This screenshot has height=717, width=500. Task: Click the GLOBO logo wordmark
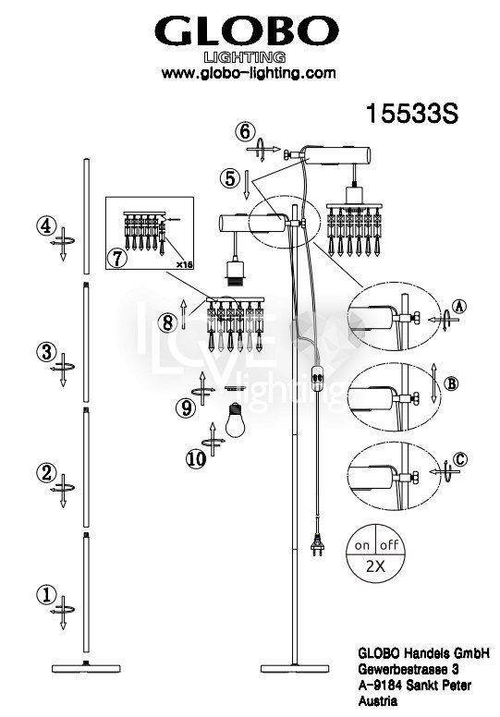[247, 31]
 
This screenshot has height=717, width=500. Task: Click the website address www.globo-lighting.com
[249, 73]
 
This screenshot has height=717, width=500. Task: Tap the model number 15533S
[411, 113]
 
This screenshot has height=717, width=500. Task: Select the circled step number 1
[46, 595]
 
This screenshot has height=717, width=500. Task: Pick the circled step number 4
[46, 225]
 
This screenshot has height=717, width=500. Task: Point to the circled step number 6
[245, 132]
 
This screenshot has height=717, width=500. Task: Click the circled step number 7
[117, 258]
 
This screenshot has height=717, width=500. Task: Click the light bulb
[235, 420]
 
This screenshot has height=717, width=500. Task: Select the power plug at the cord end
[317, 544]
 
